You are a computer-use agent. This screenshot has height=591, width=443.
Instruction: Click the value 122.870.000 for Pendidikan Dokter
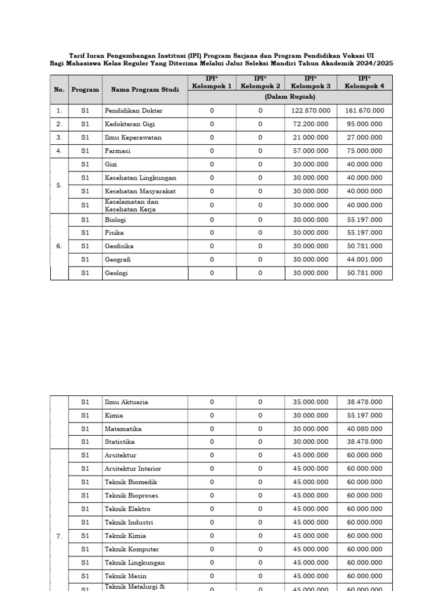tap(310, 110)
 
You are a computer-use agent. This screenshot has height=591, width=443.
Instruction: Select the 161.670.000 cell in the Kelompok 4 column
tap(364, 110)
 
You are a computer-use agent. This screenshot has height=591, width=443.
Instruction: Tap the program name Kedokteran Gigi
tap(130, 124)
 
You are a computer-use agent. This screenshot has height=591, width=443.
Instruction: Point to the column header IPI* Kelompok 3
tap(310, 83)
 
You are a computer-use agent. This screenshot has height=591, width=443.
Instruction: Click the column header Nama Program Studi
tap(145, 90)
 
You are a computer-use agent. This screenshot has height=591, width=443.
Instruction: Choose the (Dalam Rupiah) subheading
tap(290, 98)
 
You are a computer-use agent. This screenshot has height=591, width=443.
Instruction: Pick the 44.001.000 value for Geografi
tap(364, 260)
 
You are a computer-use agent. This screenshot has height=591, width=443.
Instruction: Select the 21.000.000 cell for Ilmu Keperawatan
tap(310, 137)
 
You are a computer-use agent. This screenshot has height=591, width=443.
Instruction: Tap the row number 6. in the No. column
tap(59, 246)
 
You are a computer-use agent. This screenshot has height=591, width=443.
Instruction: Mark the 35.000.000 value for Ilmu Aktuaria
tap(310, 402)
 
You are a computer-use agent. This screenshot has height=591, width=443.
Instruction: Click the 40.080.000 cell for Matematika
tap(364, 429)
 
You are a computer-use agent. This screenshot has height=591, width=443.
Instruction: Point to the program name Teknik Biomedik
tap(131, 482)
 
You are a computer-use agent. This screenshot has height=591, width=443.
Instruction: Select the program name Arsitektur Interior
tap(133, 469)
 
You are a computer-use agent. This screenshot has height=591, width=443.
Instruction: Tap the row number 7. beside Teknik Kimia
tap(59, 536)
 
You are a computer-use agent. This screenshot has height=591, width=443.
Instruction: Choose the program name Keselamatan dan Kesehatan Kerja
tap(131, 205)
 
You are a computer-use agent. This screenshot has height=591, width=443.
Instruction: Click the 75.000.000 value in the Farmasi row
tap(364, 151)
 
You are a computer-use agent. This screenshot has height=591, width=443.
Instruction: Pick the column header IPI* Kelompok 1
tap(212, 83)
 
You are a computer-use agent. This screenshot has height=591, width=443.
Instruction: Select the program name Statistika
tap(119, 442)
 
